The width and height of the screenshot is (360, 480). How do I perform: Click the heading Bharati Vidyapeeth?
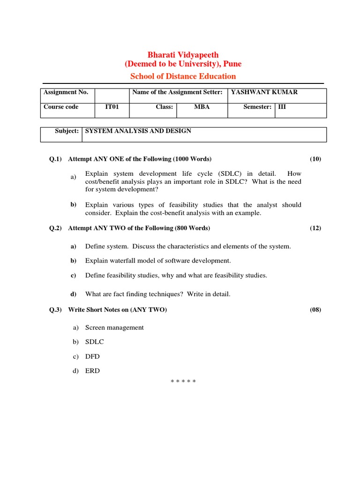coord(183,55)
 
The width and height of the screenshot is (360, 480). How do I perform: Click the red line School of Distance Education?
coord(183,76)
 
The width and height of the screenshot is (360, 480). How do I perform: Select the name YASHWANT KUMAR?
coord(264,92)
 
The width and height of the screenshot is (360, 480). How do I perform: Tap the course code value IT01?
coord(112,107)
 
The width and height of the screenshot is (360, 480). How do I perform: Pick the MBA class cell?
coord(202,107)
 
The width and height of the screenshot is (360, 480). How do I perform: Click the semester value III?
coord(282,107)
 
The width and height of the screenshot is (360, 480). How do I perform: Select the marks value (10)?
coord(315,159)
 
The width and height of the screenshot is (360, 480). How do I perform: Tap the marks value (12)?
coord(315,228)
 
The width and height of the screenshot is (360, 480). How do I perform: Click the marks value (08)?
coord(315,310)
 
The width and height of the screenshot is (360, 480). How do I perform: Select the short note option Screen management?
coord(114,328)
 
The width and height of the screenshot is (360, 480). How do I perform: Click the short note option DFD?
coord(92,357)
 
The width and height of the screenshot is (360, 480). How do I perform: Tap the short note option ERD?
coord(92,371)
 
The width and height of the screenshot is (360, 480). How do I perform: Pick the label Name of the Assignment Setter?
coord(177,92)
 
